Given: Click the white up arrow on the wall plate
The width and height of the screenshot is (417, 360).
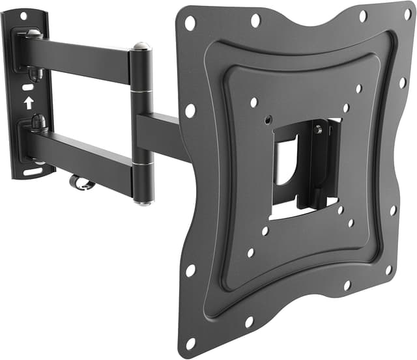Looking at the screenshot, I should (28, 102).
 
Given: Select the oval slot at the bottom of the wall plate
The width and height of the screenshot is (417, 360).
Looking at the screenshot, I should (31, 173).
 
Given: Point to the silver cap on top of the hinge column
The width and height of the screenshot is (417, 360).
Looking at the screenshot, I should (140, 46).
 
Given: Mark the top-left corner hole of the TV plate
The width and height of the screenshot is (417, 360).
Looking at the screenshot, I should (190, 23).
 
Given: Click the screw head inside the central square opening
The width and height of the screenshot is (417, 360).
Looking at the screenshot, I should (317, 130).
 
